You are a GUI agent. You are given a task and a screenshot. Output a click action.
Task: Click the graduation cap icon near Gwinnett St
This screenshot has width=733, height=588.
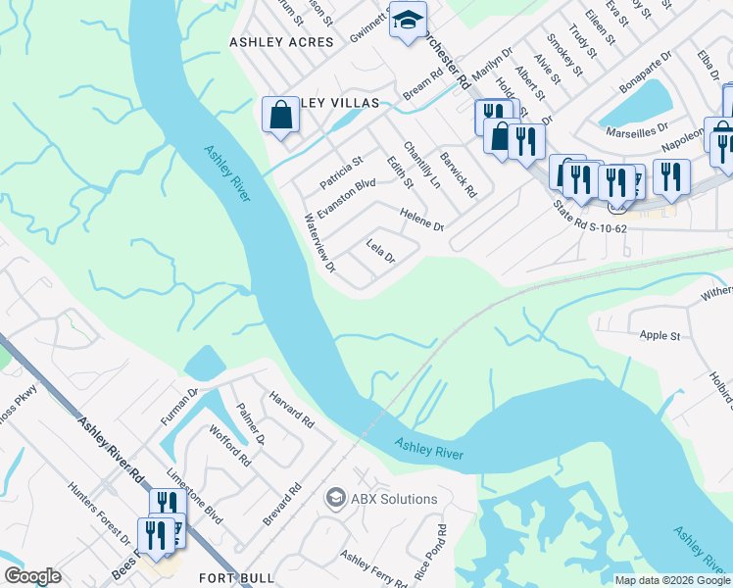pos(408,20)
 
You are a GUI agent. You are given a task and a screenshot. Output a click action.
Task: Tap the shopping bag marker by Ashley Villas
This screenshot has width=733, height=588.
pos(281,115)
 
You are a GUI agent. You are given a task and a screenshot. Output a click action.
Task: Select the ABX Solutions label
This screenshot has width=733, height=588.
pos(394,499)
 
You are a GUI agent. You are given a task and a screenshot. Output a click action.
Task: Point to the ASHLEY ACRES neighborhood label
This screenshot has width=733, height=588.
pos(281,42)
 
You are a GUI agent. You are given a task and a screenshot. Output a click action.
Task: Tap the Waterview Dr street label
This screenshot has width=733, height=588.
pos(319,243)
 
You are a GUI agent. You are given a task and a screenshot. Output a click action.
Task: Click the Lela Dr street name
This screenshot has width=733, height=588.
pos(379,252)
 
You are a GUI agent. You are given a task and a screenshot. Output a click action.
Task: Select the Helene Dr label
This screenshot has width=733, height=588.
pos(421,219)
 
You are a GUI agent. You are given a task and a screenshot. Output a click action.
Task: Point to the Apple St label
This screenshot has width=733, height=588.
pos(660,335)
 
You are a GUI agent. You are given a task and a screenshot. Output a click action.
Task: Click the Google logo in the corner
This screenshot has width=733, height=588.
pos(32,576)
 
